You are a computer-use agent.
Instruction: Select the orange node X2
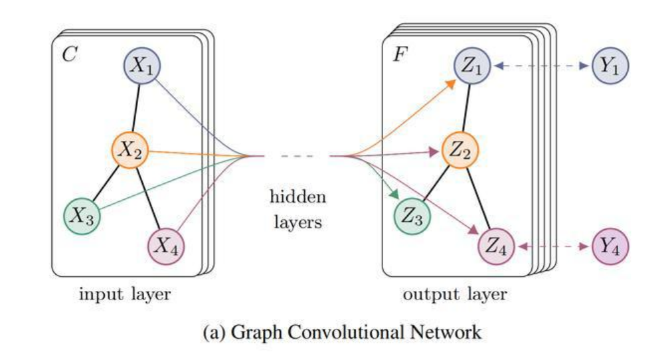[129, 151]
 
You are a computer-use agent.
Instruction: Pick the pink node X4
[165, 246]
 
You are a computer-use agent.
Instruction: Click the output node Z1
[473, 66]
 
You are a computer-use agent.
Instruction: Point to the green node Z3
[412, 216]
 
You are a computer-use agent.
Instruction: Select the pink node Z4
[496, 248]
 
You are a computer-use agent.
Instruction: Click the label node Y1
[610, 66]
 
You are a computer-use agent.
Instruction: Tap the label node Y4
[610, 248]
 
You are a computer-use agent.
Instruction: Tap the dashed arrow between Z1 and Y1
[541, 66]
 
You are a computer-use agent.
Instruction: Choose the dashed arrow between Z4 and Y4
[552, 248]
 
